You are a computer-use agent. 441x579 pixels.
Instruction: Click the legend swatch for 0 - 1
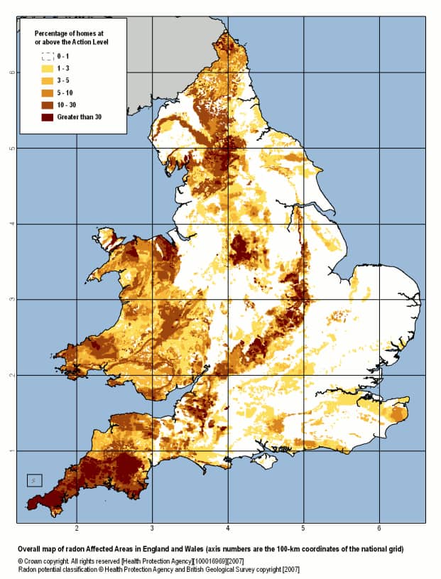(x=48, y=55)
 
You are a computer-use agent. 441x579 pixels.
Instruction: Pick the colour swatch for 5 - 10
(x=48, y=92)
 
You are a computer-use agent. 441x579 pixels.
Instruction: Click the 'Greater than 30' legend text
(x=80, y=117)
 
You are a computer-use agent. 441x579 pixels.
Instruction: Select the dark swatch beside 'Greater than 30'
(x=48, y=117)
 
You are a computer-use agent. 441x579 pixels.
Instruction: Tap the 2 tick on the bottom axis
(x=77, y=529)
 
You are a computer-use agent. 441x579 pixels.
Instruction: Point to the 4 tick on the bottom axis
(x=228, y=529)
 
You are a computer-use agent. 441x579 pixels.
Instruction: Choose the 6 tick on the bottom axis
(x=379, y=529)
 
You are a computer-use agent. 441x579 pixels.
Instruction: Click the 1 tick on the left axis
(x=10, y=450)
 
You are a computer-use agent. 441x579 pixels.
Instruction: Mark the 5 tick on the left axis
(x=10, y=148)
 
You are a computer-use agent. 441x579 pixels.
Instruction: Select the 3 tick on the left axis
(x=10, y=299)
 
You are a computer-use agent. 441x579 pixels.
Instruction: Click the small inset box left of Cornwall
(x=35, y=480)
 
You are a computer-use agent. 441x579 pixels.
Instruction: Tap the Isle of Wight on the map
(x=264, y=461)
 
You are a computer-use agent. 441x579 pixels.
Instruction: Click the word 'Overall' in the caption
(x=33, y=550)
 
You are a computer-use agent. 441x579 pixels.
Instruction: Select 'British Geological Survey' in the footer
(x=202, y=570)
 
